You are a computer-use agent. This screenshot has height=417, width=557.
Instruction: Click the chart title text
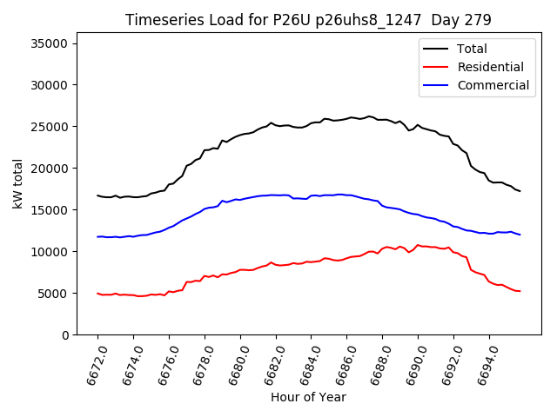click(308, 19)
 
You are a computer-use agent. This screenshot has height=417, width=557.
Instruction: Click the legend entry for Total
click(473, 49)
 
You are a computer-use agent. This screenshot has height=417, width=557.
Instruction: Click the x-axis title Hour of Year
click(308, 397)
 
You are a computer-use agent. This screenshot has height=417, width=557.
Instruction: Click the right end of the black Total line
click(520, 190)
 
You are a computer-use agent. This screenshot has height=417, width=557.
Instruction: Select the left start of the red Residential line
click(97, 294)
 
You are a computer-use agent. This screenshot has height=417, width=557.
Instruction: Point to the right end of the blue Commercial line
click(520, 235)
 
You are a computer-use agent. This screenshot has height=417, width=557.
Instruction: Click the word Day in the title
click(443, 19)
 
